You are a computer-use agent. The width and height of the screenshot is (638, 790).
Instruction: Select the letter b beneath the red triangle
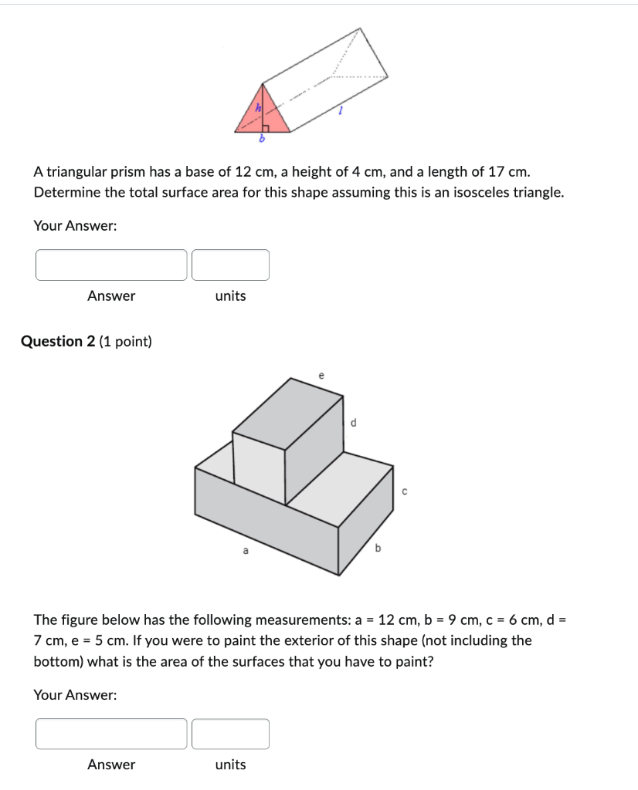(262, 140)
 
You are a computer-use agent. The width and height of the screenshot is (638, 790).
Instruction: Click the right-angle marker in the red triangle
(265, 127)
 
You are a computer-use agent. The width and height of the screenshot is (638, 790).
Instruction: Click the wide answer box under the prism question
(111, 265)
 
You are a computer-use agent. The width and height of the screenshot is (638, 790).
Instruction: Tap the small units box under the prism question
(230, 265)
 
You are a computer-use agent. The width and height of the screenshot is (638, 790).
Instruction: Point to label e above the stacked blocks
(321, 375)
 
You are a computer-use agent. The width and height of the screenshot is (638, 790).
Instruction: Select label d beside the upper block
(354, 422)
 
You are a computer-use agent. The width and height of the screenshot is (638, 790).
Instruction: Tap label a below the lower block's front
(246, 551)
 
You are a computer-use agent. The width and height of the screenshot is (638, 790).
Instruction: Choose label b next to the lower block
(378, 549)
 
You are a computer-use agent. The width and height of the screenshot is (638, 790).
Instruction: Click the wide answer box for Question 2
(111, 734)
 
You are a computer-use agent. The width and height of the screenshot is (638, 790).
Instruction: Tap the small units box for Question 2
(230, 734)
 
